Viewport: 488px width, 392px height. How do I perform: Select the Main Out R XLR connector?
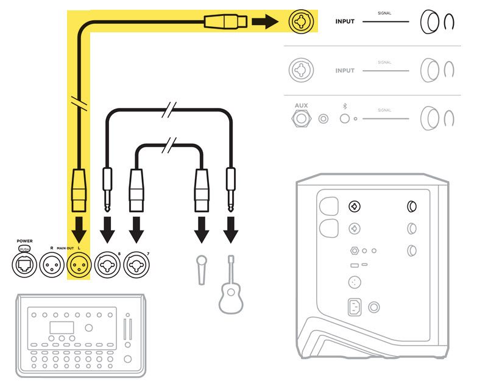click(52, 266)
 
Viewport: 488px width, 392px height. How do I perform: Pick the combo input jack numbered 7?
click(137, 266)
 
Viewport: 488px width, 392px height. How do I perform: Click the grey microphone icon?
click(201, 268)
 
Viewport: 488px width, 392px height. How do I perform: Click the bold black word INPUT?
click(345, 22)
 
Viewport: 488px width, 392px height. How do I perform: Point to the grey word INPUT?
click(345, 71)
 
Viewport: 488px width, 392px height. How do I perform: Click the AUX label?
click(301, 105)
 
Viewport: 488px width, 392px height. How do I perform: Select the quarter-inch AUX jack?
click(301, 118)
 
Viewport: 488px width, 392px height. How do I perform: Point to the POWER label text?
click(25, 240)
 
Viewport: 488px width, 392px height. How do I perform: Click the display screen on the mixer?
click(62, 327)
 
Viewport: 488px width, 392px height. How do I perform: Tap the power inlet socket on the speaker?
click(354, 307)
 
